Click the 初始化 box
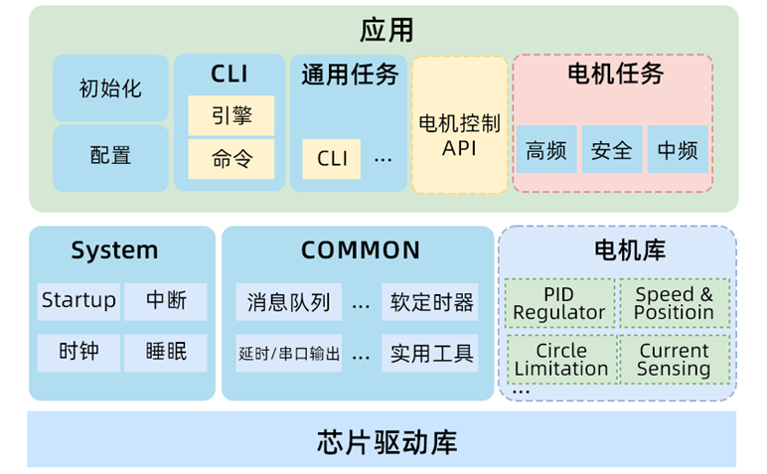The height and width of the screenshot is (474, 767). pos(110,88)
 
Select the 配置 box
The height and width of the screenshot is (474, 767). pos(110,156)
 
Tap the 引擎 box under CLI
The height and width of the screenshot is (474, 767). pos(231,115)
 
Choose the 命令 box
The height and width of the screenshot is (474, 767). pos(231,158)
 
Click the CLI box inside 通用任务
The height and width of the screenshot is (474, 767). pos(332,158)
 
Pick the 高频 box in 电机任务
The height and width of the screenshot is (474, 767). pos(546,150)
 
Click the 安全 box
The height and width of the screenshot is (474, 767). pos(611,150)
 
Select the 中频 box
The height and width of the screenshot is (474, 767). pos(678,150)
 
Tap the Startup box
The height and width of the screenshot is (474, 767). pos(78,301)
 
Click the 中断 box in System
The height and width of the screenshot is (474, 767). pos(166,301)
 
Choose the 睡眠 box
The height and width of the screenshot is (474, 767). pos(166,352)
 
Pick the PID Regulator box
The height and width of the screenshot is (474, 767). pos(559,303)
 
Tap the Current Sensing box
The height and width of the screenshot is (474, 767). pos(674,359)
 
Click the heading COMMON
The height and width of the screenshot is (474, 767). pos(361,250)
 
